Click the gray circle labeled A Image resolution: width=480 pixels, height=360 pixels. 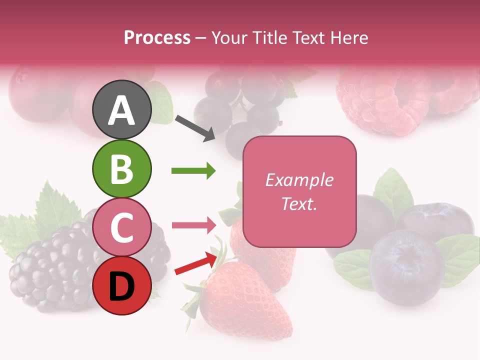121,109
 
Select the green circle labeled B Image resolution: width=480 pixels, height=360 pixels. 121,168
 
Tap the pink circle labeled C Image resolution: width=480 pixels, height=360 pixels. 121,227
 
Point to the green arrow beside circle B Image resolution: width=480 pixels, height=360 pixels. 193,171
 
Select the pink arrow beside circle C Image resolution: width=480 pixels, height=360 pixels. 193,225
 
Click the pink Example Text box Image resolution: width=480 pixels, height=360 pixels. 299,191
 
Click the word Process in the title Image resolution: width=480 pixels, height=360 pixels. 157,37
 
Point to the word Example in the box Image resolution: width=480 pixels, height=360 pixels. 299,180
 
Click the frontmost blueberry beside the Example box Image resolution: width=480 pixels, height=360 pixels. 407,267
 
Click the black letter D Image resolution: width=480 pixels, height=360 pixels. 121,286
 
